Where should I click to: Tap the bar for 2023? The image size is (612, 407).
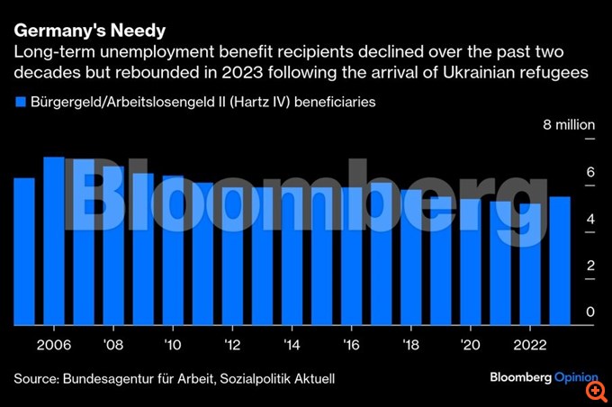(560, 260)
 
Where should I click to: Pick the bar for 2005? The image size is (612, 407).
(24, 251)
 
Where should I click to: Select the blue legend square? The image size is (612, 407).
(20, 103)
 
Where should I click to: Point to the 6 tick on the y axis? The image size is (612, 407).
(590, 172)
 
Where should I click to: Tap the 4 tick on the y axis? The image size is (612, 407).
(590, 219)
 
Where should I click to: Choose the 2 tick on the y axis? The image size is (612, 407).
(590, 266)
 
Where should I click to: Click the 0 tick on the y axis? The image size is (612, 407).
(590, 312)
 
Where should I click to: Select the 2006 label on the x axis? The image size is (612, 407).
(54, 343)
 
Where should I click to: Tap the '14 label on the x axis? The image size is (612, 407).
(292, 343)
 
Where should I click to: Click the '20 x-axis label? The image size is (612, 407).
(471, 343)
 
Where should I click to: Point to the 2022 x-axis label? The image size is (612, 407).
(529, 343)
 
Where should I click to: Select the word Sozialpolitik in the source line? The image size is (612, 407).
(249, 379)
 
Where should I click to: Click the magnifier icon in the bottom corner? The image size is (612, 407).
(595, 391)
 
